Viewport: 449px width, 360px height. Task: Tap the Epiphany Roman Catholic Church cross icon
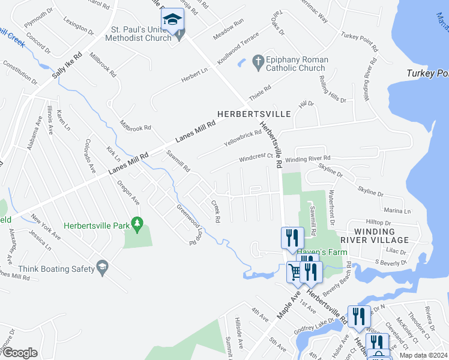point(258,61)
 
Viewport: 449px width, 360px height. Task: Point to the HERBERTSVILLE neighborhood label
point(254,113)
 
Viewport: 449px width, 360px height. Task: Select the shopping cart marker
point(294,273)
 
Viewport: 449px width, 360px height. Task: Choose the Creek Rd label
point(215,211)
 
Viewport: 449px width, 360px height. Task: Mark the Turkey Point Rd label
point(359,42)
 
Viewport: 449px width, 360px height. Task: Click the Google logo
point(19,353)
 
